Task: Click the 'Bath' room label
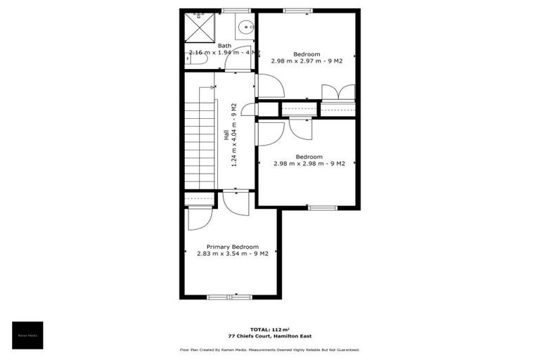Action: pos(224,46)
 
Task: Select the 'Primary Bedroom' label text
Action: pos(233,247)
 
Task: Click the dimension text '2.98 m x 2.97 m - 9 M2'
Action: pos(307,61)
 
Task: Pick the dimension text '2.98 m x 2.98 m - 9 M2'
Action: pos(309,164)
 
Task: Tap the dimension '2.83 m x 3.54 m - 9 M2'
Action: pos(233,254)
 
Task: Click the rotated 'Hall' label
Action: pos(226,135)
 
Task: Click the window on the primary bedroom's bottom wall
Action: pos(229,297)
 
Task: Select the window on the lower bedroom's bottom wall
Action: pos(323,207)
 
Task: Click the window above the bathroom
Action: pos(236,10)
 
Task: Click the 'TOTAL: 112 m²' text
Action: pos(269,329)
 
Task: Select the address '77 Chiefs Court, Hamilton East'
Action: pos(269,336)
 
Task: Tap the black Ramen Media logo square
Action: pos(27,335)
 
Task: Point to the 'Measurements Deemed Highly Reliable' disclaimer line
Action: pos(270,349)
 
